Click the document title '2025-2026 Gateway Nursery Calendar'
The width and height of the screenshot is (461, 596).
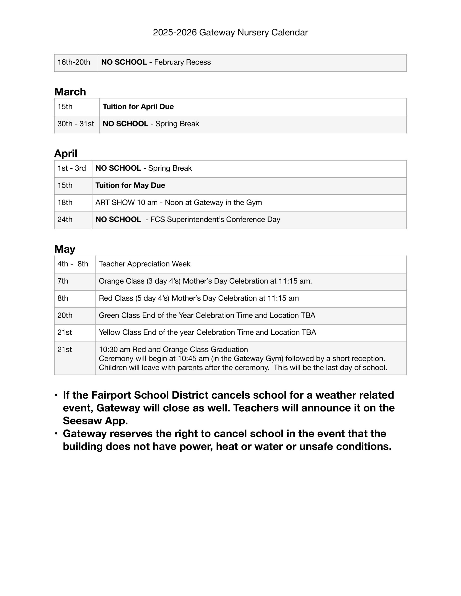(x=230, y=32)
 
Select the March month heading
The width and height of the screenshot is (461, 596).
(x=70, y=92)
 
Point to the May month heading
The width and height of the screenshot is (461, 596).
(x=65, y=249)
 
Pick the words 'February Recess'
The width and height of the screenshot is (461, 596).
(x=182, y=62)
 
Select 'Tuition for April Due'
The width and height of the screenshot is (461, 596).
(x=138, y=106)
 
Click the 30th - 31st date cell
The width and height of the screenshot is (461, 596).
(x=76, y=124)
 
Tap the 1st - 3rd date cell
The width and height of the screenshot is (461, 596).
(x=72, y=168)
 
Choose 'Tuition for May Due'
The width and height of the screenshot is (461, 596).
(x=130, y=185)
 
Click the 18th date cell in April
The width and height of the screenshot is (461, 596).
(x=65, y=203)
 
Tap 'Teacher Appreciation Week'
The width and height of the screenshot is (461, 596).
(x=144, y=264)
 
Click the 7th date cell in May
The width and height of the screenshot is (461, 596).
(x=63, y=281)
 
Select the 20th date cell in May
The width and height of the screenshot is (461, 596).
(x=65, y=315)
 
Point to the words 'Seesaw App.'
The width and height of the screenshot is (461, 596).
(x=95, y=420)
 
